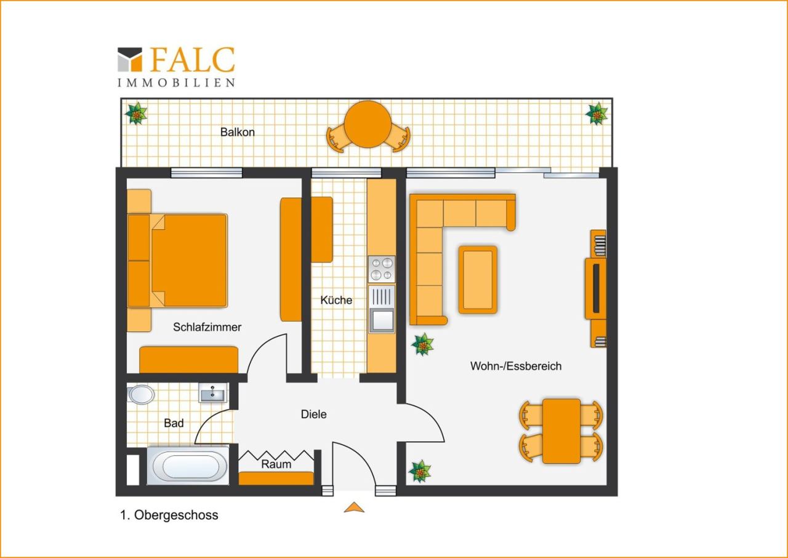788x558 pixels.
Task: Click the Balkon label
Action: tap(238, 132)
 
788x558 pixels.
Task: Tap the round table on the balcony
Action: tap(368, 124)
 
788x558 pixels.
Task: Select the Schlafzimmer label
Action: tap(207, 327)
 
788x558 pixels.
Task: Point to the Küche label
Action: tap(336, 300)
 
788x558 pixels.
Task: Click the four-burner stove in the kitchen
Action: tap(382, 269)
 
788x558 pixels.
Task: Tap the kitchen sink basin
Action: tap(382, 320)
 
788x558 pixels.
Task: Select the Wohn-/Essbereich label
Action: tap(516, 366)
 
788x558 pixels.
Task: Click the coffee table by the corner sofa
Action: tap(478, 280)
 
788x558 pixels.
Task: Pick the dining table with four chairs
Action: tap(561, 431)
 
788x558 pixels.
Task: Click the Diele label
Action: tap(314, 414)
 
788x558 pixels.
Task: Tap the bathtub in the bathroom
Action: tap(189, 466)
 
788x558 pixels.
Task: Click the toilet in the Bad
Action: tap(140, 394)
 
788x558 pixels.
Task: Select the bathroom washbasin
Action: tap(213, 393)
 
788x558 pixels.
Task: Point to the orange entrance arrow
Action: tap(354, 507)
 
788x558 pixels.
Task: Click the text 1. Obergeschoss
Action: tap(169, 515)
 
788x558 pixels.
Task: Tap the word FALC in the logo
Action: tap(193, 60)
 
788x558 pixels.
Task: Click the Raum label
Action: tap(276, 464)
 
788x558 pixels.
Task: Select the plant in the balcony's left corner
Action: tap(136, 113)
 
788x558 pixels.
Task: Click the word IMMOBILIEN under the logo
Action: tap(176, 83)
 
